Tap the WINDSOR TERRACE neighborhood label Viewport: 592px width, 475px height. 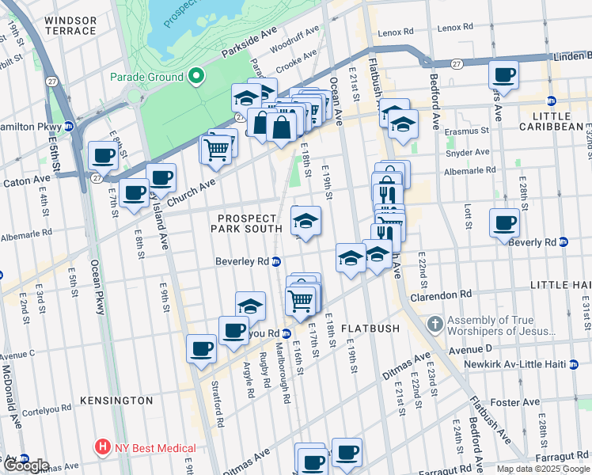point(70,25)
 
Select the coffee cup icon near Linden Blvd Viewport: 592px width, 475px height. point(503,76)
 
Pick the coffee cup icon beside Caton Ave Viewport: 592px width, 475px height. point(103,156)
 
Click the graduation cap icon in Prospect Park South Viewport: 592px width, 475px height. point(305,221)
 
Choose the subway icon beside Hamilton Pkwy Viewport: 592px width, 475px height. point(69,126)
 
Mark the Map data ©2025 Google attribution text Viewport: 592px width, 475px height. point(543,469)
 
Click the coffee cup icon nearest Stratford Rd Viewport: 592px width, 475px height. point(201,348)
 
